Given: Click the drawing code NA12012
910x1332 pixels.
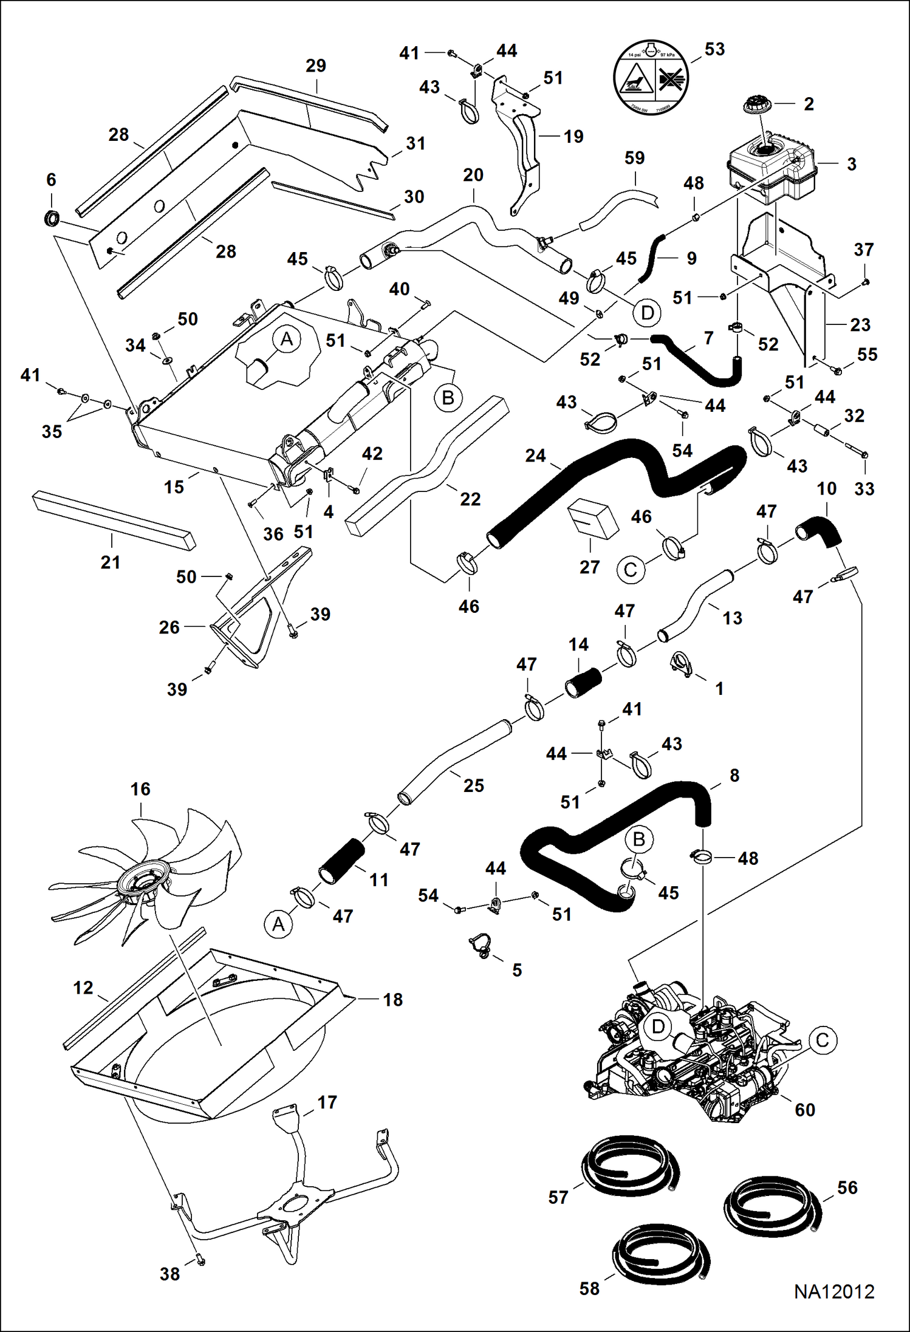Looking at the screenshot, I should [x=834, y=1291].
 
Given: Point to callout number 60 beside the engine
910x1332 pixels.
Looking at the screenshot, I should [x=805, y=1110].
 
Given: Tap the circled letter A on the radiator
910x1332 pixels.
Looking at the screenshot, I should [x=287, y=339].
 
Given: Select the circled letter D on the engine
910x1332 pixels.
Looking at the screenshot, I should [x=658, y=1027].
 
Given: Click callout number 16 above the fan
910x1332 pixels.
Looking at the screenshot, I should [x=140, y=789].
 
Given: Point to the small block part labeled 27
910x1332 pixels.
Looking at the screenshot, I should [x=592, y=519].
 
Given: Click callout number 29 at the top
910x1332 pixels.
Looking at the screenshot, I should [x=316, y=66].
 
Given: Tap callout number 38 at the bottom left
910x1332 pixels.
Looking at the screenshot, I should [x=169, y=1274].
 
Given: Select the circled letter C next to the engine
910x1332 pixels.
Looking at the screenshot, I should [x=823, y=1040].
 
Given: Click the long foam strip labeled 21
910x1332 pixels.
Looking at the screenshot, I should [x=114, y=521].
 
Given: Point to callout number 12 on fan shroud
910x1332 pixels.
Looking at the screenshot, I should [x=83, y=988].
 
